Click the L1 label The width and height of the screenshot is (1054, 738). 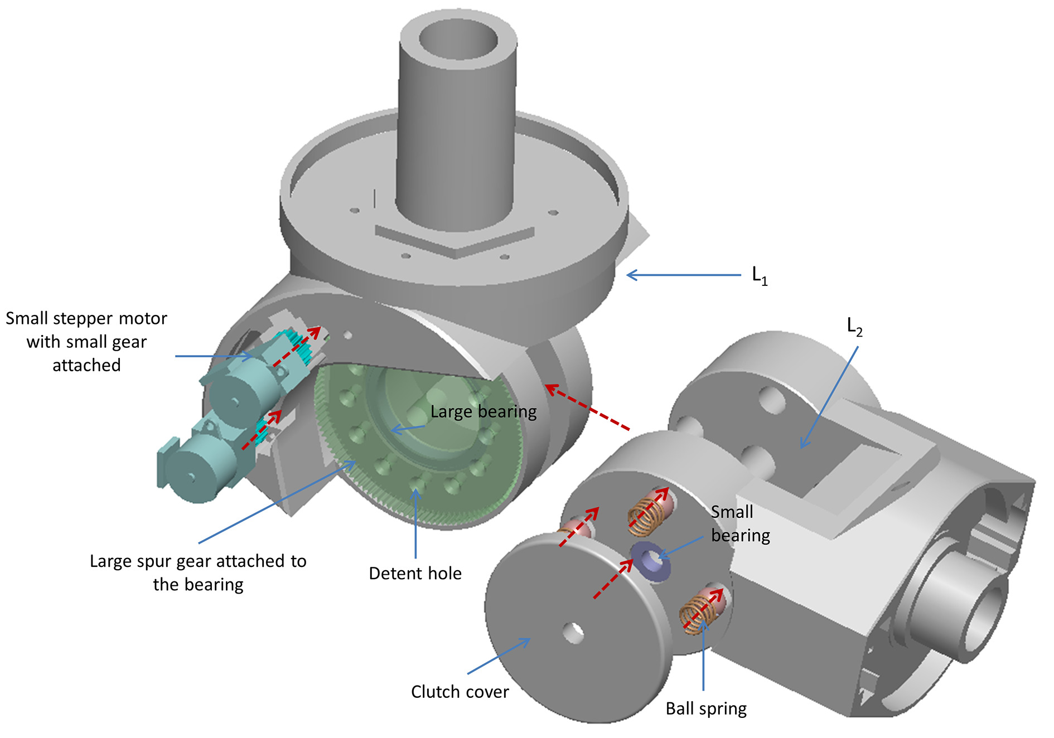pyautogui.click(x=760, y=275)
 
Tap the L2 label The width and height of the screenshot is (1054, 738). pyautogui.click(x=854, y=327)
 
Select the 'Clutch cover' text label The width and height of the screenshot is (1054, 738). pyautogui.click(x=460, y=692)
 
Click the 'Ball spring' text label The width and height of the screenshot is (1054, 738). pyautogui.click(x=706, y=709)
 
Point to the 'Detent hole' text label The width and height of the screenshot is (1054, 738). pyautogui.click(x=415, y=573)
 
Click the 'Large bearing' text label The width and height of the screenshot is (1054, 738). pyautogui.click(x=484, y=412)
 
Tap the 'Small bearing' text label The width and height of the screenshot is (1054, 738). pyautogui.click(x=741, y=523)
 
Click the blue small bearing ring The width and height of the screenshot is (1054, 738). pyautogui.click(x=650, y=561)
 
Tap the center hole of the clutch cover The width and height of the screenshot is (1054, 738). pyautogui.click(x=573, y=633)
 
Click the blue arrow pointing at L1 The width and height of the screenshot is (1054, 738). pyautogui.click(x=684, y=275)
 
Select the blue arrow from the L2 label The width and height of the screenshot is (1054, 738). pyautogui.click(x=829, y=397)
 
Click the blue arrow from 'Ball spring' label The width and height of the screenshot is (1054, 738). pyautogui.click(x=704, y=656)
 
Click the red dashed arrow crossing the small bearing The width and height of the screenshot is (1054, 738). pyautogui.click(x=613, y=579)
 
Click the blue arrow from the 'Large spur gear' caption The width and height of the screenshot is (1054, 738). pyautogui.click(x=277, y=502)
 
